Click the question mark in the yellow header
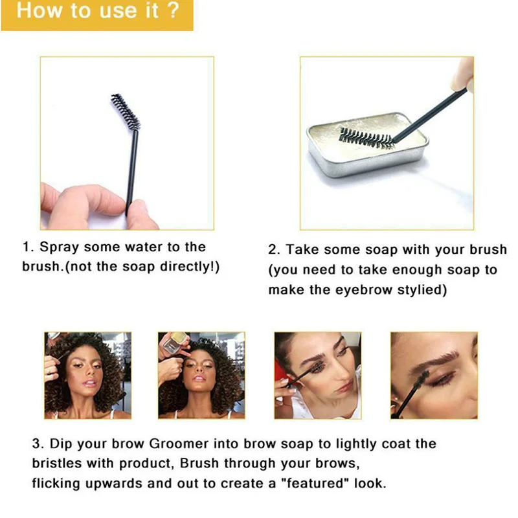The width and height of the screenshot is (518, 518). click(173, 10)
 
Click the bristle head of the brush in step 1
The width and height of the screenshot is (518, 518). click(125, 111)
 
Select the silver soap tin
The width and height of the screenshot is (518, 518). click(366, 144)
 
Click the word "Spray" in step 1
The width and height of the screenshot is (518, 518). click(60, 247)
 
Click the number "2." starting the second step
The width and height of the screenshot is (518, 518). click(274, 250)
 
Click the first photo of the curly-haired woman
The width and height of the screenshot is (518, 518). click(87, 376)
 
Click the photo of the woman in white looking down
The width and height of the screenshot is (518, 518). click(317, 376)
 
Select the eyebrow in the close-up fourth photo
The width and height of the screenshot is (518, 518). click(436, 359)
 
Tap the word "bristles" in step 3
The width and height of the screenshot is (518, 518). click(56, 463)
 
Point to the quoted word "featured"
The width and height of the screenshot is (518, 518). click(315, 483)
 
